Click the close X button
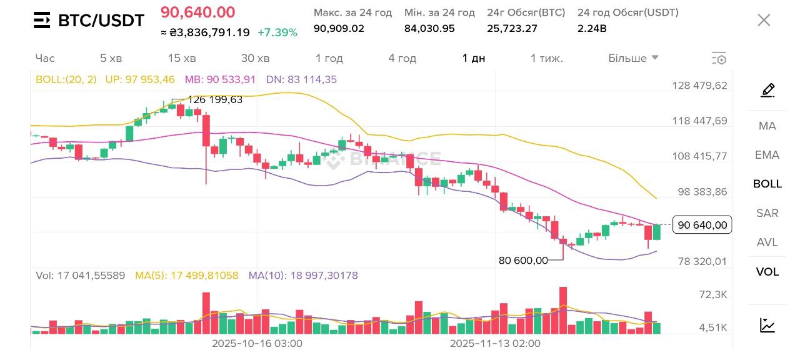[764, 20]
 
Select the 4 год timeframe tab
[402, 58]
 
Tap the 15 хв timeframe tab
[182, 58]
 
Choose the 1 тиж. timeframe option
[547, 58]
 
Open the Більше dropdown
[633, 58]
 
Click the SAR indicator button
[767, 213]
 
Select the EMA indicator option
[767, 155]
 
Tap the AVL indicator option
[767, 242]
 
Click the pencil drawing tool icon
[767, 91]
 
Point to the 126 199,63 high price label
[215, 99]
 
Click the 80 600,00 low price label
[523, 260]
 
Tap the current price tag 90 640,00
[702, 225]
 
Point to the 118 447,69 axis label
[699, 121]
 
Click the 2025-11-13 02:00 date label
[495, 343]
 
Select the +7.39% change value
[277, 32]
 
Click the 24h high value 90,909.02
[339, 28]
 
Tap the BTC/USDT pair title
[101, 21]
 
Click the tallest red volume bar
[563, 310]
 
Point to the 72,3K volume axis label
[712, 294]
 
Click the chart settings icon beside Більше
[719, 59]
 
